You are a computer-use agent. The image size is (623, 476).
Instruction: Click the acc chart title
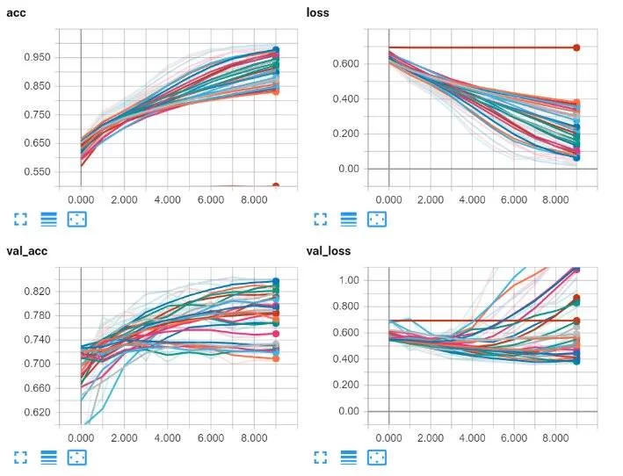(x=16, y=12)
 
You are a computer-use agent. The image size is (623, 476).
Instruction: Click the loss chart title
(x=318, y=12)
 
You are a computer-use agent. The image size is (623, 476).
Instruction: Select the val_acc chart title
(x=26, y=251)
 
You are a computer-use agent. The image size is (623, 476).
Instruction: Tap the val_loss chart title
(x=329, y=251)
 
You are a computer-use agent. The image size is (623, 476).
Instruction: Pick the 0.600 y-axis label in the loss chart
(x=337, y=63)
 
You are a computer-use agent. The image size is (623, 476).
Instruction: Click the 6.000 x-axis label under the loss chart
(x=513, y=199)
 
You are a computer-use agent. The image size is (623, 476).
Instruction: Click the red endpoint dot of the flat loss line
(x=576, y=47)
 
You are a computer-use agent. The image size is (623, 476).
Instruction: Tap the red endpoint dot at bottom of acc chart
(x=275, y=186)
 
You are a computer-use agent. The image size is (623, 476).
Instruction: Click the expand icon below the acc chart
(x=21, y=219)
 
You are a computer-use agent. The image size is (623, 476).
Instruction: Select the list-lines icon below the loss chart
(x=349, y=219)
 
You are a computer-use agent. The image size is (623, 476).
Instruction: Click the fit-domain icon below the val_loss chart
(x=377, y=458)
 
